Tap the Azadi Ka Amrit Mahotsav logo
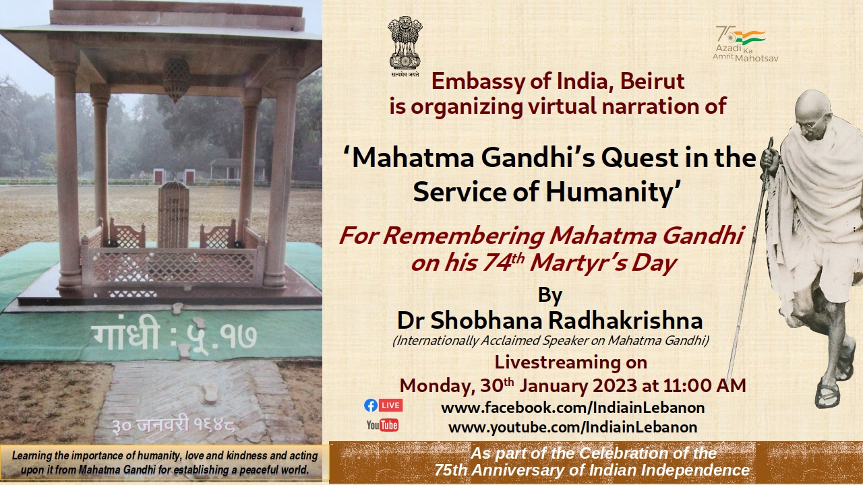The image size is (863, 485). coord(745,44)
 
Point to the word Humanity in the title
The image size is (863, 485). coord(609,192)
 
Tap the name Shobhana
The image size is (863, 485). coord(486,320)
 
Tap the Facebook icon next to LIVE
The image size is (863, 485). coord(371,406)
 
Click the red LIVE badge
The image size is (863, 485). coord(390,406)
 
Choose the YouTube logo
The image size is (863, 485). coord(382,425)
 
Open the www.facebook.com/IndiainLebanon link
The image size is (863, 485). coord(573,408)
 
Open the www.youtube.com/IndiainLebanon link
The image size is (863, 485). coord(573,427)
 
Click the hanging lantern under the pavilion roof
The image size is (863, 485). coord(176,79)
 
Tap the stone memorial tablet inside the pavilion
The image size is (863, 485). coord(174,214)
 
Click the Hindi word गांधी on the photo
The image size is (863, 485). coord(125,335)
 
